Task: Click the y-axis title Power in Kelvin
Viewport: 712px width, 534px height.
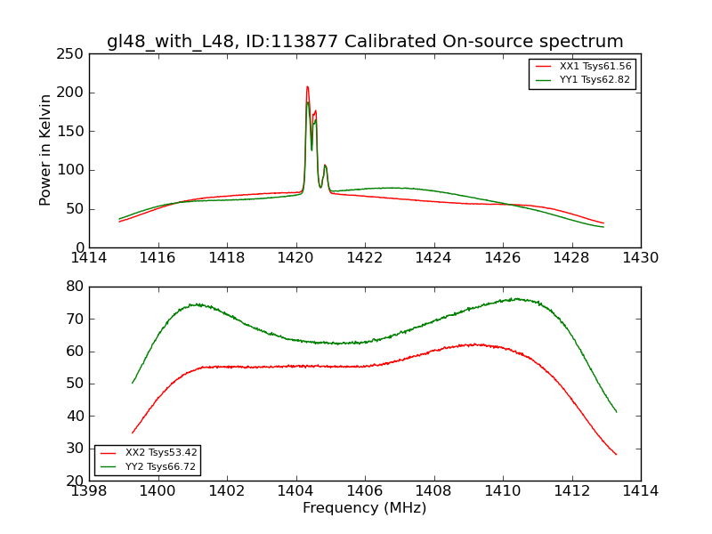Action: pos(45,150)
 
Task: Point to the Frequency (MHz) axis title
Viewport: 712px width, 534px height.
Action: pos(364,508)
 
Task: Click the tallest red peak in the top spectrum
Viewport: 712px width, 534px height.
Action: pos(307,87)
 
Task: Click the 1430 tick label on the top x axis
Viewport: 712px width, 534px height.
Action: pos(640,258)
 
